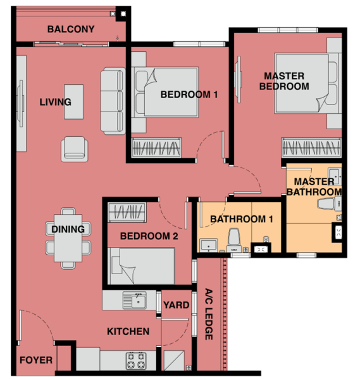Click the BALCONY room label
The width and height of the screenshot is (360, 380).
click(x=71, y=29)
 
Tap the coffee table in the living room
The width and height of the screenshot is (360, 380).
click(x=74, y=102)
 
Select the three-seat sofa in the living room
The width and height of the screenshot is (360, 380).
click(x=113, y=101)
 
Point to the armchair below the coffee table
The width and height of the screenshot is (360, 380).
click(x=74, y=149)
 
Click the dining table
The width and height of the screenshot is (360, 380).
click(x=68, y=238)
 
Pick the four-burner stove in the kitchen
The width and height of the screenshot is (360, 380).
click(x=136, y=360)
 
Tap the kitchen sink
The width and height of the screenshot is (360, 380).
click(x=135, y=300)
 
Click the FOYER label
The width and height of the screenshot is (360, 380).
click(x=36, y=360)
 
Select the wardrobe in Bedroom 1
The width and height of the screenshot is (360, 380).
click(x=156, y=148)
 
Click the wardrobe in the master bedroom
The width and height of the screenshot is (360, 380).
click(x=311, y=148)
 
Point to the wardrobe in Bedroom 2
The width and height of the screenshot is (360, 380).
click(x=127, y=212)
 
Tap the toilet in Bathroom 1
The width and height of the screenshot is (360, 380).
click(x=234, y=241)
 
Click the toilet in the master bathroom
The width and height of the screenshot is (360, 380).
click(x=329, y=203)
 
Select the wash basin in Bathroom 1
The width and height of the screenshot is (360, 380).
click(x=208, y=245)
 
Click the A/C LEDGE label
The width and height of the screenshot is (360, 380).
click(x=209, y=314)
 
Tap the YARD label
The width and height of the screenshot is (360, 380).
click(x=177, y=305)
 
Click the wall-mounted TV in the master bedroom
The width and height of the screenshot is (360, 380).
click(x=239, y=80)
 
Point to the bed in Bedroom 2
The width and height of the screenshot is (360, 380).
click(x=141, y=266)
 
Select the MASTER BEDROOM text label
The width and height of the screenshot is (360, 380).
click(x=284, y=81)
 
